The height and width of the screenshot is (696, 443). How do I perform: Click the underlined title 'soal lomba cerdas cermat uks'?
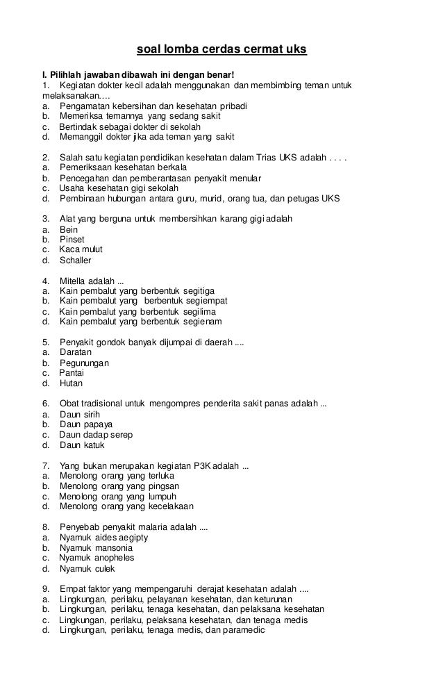coord(220,51)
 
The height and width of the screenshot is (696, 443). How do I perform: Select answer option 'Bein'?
coord(69,229)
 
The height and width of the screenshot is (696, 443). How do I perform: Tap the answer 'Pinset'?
coord(72,240)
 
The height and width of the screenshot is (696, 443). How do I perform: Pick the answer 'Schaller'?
coord(76,260)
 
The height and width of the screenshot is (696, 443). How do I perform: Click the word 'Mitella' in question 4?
coord(76,281)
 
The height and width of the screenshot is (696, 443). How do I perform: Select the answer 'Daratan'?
coord(76,352)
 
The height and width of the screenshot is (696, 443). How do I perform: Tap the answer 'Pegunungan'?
coord(84,363)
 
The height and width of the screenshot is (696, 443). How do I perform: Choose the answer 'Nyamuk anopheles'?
coord(97,557)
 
